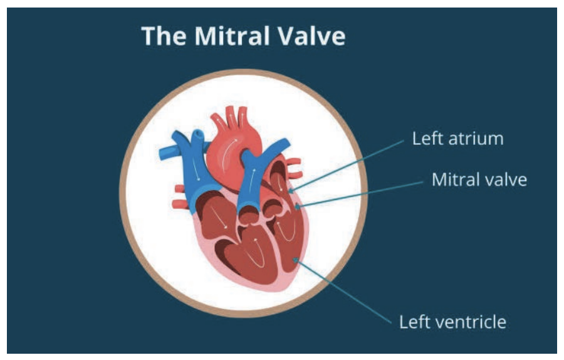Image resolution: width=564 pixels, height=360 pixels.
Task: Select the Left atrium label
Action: (x=457, y=139)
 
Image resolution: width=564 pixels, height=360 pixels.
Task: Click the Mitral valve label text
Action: (x=479, y=180)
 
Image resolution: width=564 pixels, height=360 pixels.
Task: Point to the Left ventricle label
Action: (x=453, y=322)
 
